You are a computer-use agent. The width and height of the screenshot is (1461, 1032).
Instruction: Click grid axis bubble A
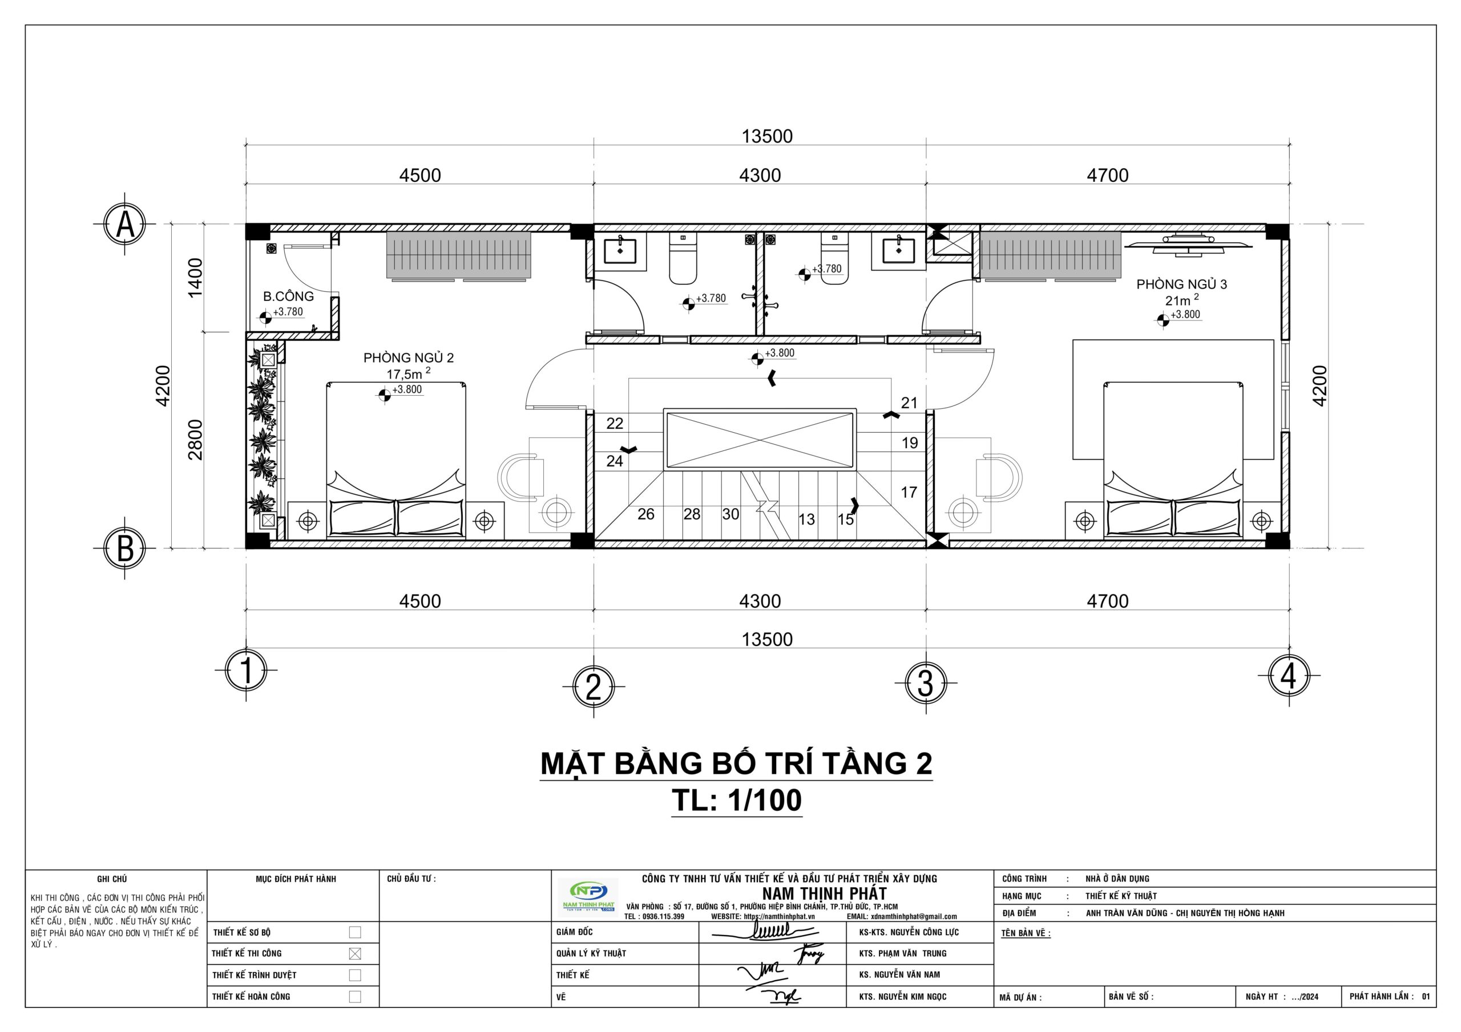coord(126,225)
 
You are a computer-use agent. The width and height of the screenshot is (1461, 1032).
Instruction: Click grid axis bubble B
coord(126,548)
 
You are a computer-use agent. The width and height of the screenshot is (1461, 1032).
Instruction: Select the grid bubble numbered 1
coord(246,671)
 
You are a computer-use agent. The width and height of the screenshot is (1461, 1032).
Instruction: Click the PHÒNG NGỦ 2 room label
coord(409,358)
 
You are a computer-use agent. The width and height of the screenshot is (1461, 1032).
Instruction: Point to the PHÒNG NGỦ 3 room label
coord(1182,285)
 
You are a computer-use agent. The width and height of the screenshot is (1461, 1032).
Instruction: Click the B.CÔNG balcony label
coord(288,296)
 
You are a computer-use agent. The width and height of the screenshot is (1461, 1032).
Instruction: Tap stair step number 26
coord(646,514)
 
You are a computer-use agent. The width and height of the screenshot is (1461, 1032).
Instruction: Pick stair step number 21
coord(909,403)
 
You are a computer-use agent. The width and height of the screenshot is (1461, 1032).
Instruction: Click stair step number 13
coord(806,519)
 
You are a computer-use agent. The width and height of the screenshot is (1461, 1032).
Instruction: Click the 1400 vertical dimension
coord(195,277)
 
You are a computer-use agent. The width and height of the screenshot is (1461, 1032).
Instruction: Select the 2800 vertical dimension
coord(195,440)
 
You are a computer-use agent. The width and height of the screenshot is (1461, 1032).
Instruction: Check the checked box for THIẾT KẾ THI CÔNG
coord(355,954)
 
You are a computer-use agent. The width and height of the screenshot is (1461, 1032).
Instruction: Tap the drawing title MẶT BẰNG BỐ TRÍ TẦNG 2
coord(736,763)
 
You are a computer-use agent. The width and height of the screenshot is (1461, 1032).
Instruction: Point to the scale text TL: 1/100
coord(737,801)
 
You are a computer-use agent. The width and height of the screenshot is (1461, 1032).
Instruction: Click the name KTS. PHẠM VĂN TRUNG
coord(902,954)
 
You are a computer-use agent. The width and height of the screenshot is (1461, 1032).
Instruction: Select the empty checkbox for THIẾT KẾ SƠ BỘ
coord(355,932)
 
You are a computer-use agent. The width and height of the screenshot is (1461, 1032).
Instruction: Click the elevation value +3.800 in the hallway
coord(780,354)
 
